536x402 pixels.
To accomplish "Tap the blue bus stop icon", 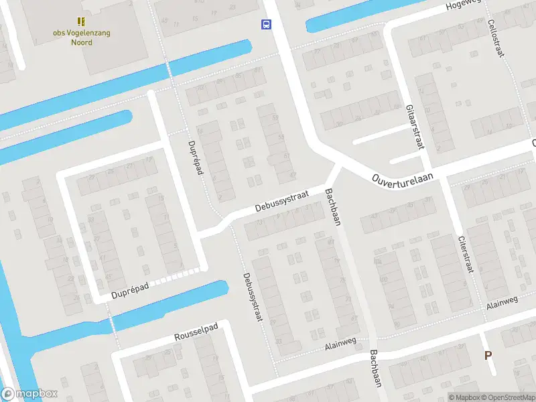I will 267,25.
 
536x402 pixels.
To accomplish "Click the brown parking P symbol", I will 488,356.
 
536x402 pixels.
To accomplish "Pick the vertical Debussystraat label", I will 250,297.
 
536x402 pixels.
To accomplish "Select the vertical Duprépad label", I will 195,158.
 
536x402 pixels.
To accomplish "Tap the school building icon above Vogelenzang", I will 80,22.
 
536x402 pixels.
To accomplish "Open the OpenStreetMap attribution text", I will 507,397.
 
